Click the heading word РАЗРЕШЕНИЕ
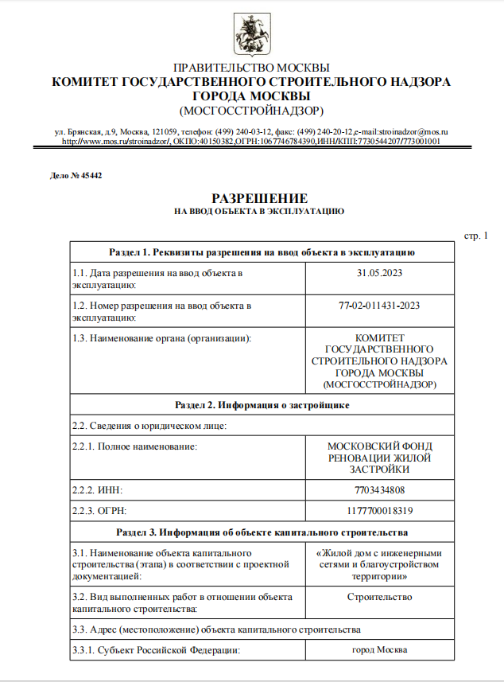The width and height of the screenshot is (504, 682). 259,198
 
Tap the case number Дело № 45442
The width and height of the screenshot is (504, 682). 76,175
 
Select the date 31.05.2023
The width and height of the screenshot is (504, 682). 379,273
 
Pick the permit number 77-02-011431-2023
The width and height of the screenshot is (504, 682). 379,305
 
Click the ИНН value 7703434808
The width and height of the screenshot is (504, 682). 379,489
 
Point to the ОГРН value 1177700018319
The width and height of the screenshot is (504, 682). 379,510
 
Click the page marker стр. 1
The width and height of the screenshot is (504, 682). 475,236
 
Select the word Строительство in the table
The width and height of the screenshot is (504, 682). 379,596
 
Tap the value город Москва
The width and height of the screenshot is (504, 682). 379,650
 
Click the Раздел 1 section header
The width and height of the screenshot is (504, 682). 262,252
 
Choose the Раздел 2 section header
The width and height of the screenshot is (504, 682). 262,405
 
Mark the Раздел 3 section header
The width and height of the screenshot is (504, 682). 262,531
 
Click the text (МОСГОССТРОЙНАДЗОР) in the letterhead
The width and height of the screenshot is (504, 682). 251,110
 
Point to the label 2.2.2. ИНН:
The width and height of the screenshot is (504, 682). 98,489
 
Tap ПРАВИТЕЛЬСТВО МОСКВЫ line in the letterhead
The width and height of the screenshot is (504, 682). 251,68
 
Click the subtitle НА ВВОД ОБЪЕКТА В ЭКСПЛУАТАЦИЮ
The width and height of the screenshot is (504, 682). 259,212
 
